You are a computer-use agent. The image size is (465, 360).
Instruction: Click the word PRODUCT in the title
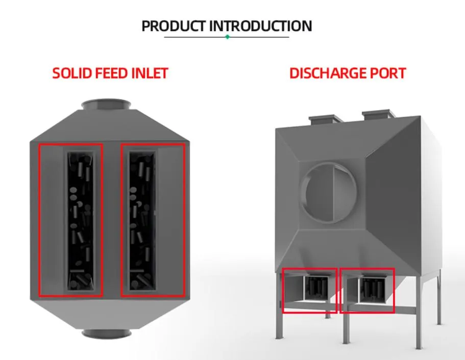[174, 26]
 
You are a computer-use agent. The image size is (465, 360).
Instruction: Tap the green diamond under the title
[228, 37]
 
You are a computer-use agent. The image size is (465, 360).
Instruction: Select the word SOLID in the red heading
[71, 73]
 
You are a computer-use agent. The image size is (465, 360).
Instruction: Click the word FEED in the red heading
[112, 73]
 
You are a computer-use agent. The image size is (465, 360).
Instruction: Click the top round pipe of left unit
[106, 104]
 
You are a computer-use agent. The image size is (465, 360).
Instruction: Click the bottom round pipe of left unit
[106, 333]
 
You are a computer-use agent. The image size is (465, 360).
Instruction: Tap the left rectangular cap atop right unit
[325, 119]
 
